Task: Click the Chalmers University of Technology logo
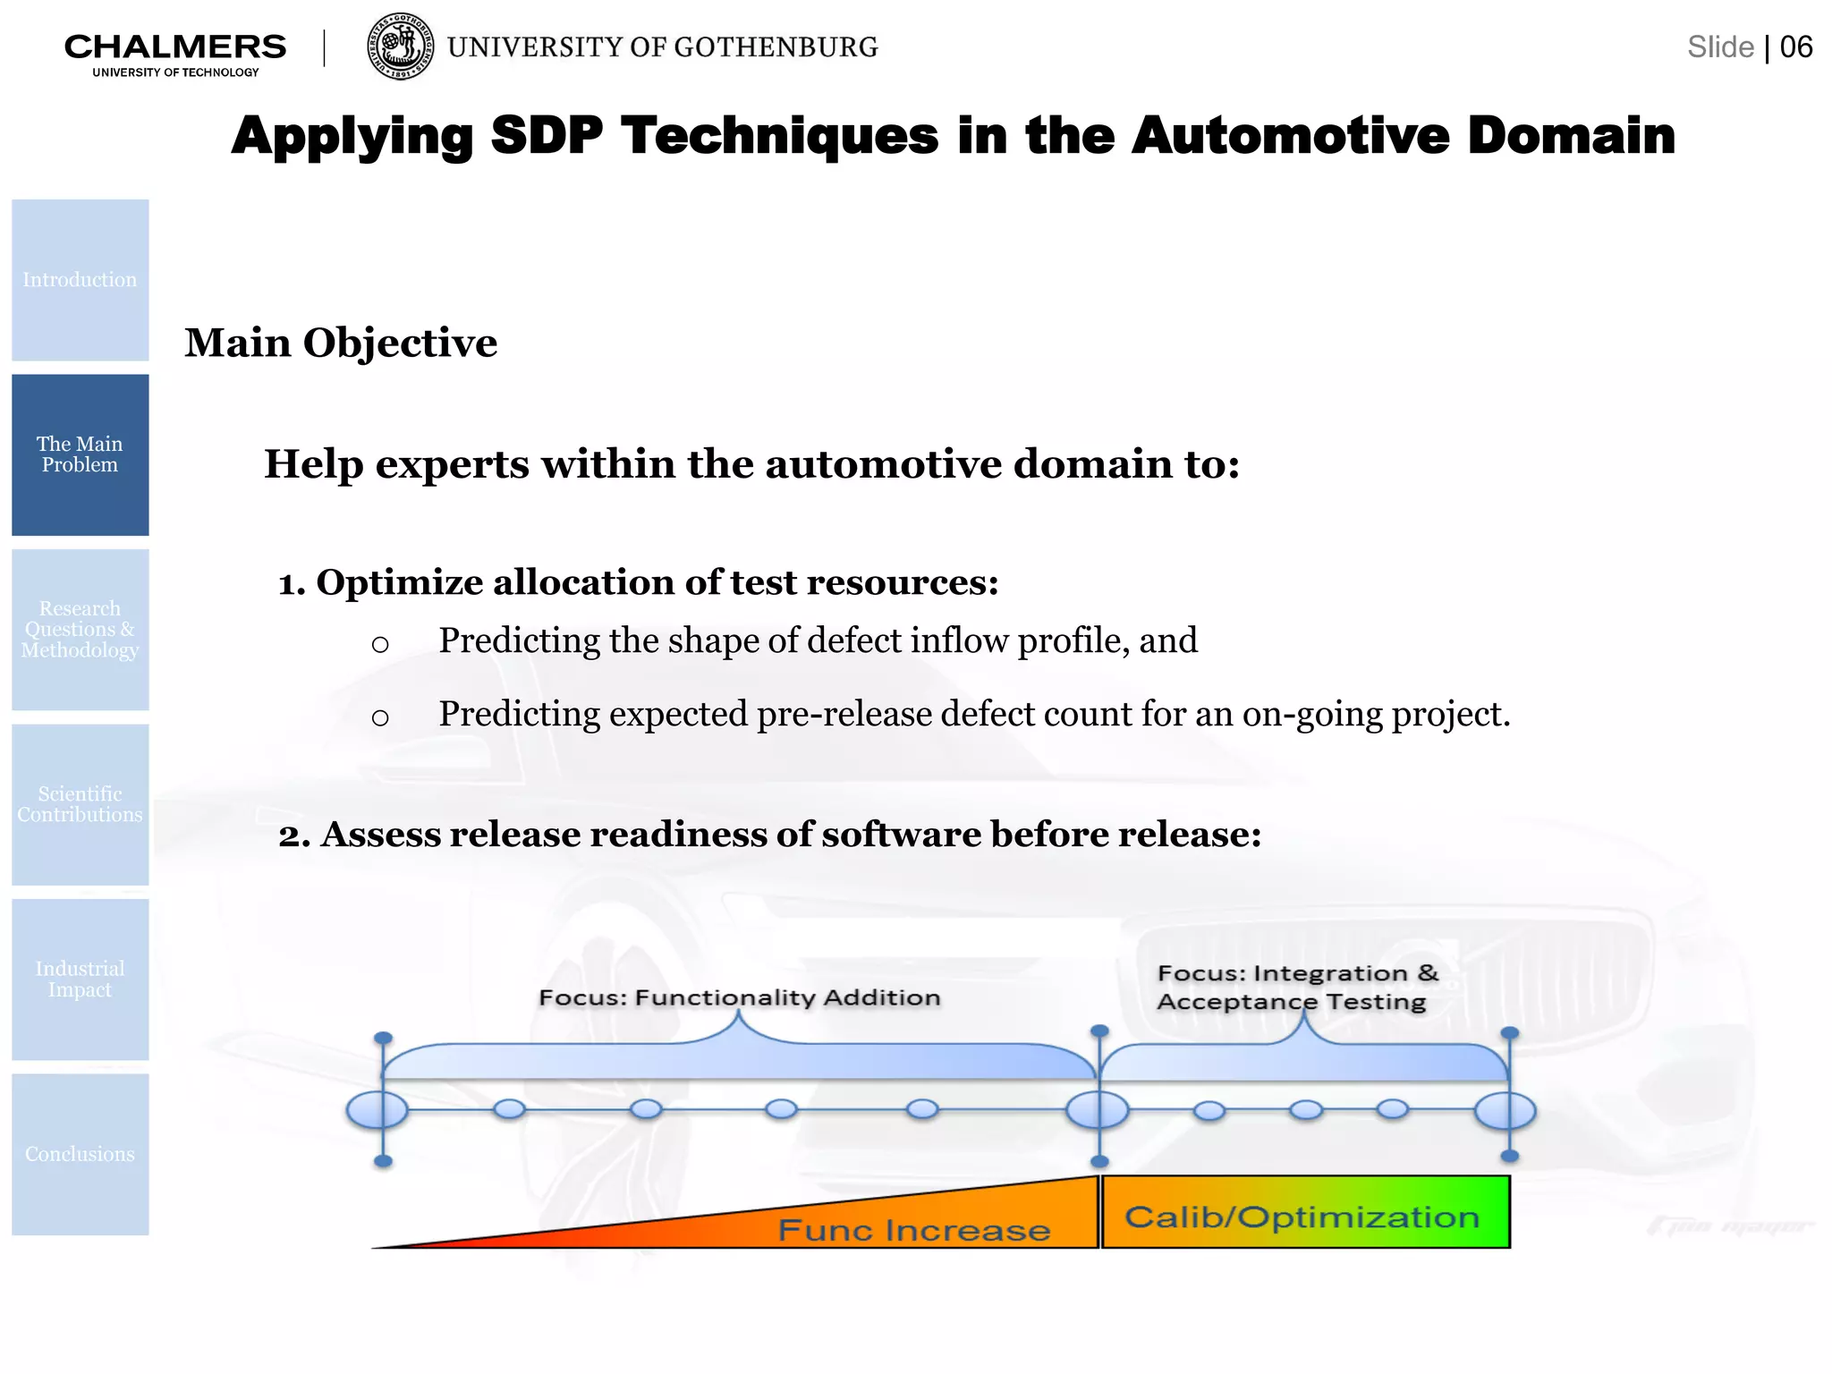pyautogui.click(x=175, y=54)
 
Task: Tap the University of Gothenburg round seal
pyautogui.click(x=401, y=47)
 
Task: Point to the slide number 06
pyautogui.click(x=1795, y=47)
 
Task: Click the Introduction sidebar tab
pyautogui.click(x=80, y=280)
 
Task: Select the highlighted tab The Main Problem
pyautogui.click(x=80, y=454)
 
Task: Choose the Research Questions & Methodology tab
pyautogui.click(x=80, y=630)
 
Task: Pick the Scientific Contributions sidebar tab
pyautogui.click(x=80, y=804)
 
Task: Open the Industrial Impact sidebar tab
pyautogui.click(x=80, y=980)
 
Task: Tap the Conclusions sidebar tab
pyautogui.click(x=80, y=1154)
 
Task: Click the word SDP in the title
pyautogui.click(x=547, y=136)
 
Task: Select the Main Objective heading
pyautogui.click(x=340, y=343)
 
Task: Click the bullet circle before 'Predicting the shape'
pyautogui.click(x=380, y=644)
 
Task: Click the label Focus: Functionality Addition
pyautogui.click(x=739, y=997)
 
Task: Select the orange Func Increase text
pyautogui.click(x=913, y=1230)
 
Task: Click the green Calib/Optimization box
pyautogui.click(x=1305, y=1213)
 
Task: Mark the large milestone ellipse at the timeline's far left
pyautogui.click(x=377, y=1110)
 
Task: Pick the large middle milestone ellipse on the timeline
pyautogui.click(x=1098, y=1110)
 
